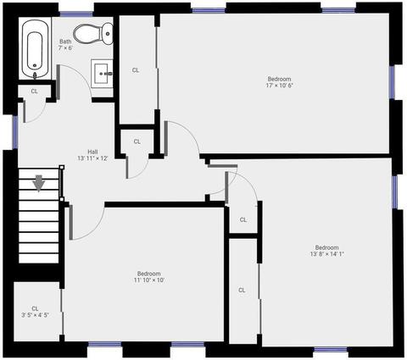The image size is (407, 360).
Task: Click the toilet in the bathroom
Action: (x=93, y=34)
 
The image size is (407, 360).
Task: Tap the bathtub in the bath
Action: (x=35, y=49)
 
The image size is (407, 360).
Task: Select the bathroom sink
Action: (x=102, y=74)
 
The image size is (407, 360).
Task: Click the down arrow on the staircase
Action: (x=38, y=183)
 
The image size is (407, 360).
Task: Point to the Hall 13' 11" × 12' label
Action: (x=92, y=155)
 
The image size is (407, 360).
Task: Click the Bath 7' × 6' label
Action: (x=65, y=45)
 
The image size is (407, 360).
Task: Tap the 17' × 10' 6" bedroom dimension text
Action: (x=279, y=86)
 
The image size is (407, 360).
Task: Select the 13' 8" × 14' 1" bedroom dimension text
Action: (x=327, y=254)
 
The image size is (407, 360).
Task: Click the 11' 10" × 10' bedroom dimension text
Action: (x=149, y=280)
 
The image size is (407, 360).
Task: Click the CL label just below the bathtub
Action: (x=34, y=91)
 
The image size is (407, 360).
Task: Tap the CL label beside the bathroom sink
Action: (x=136, y=70)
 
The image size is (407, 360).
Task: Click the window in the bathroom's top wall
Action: (x=76, y=14)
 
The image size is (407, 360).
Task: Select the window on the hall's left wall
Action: (x=15, y=132)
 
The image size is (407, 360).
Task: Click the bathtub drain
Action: (x=35, y=65)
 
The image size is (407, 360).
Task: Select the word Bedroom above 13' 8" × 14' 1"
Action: (x=327, y=247)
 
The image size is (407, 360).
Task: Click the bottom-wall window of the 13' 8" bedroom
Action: (x=331, y=350)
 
